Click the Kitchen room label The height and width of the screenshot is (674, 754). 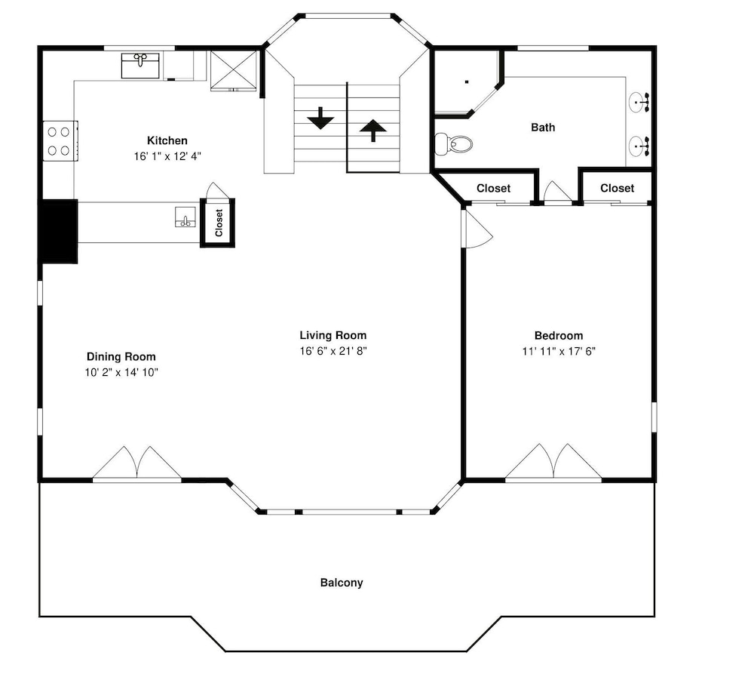(167, 140)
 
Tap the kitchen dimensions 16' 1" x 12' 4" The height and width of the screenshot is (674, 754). (167, 156)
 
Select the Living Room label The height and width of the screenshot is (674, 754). (333, 335)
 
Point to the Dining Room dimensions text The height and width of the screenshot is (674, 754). (121, 372)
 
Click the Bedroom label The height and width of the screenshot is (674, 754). (559, 336)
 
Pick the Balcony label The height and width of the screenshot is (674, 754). (342, 583)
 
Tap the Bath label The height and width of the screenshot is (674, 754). (543, 127)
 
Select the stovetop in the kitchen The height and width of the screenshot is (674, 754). (60, 140)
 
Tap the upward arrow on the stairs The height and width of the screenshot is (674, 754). (373, 131)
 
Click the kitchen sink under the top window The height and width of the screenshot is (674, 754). (140, 66)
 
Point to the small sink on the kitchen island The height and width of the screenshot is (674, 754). (185, 217)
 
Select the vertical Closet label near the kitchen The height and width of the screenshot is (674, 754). (219, 223)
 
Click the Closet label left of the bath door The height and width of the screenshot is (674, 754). (493, 188)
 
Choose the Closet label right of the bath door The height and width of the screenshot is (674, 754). (617, 188)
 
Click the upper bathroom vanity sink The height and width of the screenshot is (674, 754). (639, 102)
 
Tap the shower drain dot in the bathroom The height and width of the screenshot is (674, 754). (467, 82)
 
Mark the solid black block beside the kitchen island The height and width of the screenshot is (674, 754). (58, 231)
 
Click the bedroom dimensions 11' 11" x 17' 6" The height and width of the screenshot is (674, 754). (559, 352)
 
